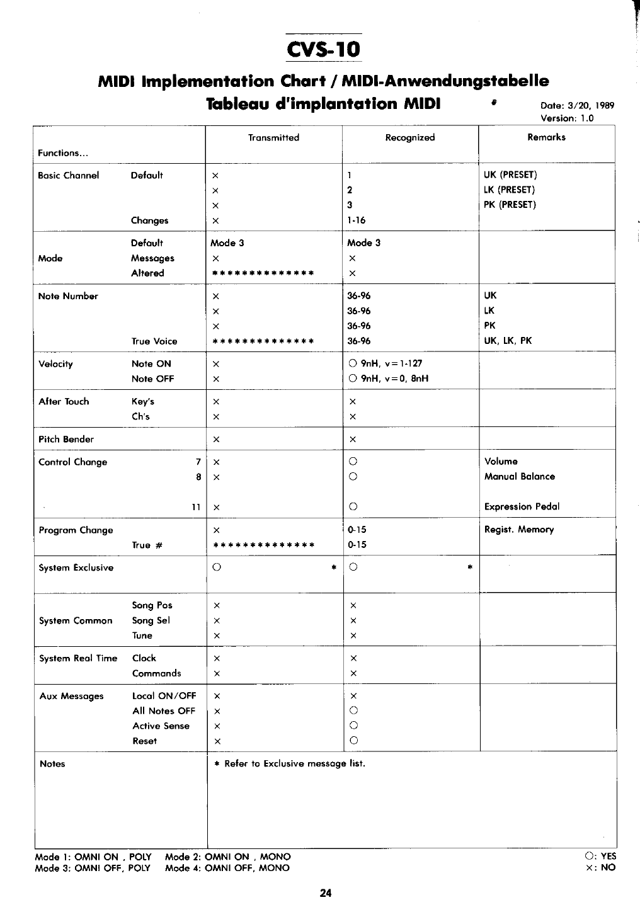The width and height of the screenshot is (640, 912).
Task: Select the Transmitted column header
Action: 273,137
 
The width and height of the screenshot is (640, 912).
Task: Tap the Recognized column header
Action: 410,137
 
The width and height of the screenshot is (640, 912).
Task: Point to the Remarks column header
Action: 546,137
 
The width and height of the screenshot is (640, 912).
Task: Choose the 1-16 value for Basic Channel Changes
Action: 357,220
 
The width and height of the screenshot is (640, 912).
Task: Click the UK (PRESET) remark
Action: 510,175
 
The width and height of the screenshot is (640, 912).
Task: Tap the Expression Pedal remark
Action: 522,506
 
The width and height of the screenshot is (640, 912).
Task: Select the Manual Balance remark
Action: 520,476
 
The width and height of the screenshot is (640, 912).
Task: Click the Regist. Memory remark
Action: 519,530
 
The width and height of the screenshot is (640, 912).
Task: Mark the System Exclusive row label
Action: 76,567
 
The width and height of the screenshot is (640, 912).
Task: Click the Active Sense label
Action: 161,726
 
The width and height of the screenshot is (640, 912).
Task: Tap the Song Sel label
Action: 151,620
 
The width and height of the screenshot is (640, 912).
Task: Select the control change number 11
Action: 196,507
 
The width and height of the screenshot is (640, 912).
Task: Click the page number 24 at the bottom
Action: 326,892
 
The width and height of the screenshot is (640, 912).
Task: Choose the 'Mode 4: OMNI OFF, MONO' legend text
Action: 227,868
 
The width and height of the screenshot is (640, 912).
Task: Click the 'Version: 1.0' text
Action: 567,118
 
